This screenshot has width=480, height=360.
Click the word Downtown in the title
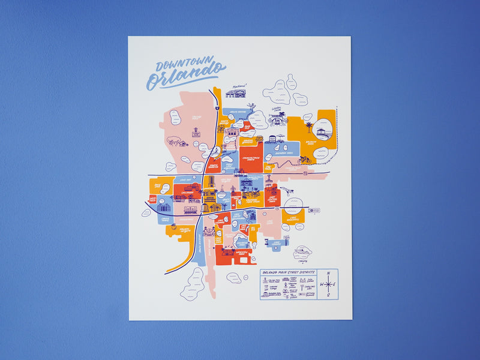(x=179, y=65)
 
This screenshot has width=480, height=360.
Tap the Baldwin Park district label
(x=311, y=143)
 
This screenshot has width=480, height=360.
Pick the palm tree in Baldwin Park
(x=308, y=127)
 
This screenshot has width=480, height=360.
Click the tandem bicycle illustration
(x=305, y=161)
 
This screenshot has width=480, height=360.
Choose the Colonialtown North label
(x=248, y=157)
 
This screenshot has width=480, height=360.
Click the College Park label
(x=196, y=118)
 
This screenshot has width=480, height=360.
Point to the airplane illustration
(x=286, y=191)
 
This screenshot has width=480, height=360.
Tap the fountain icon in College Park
(x=196, y=133)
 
